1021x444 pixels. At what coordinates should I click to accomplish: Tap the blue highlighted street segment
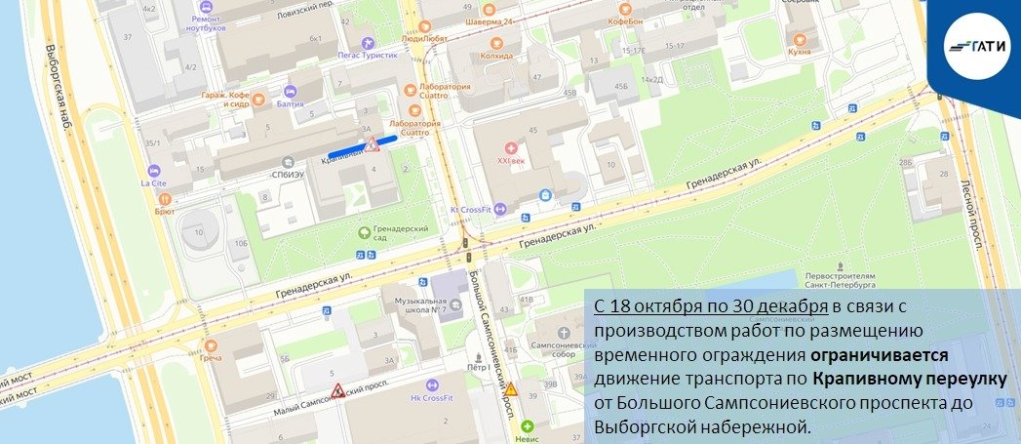(x=361, y=146)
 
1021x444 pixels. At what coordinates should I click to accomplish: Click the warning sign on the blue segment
(x=373, y=145)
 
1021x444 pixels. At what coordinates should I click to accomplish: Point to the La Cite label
(x=153, y=182)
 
